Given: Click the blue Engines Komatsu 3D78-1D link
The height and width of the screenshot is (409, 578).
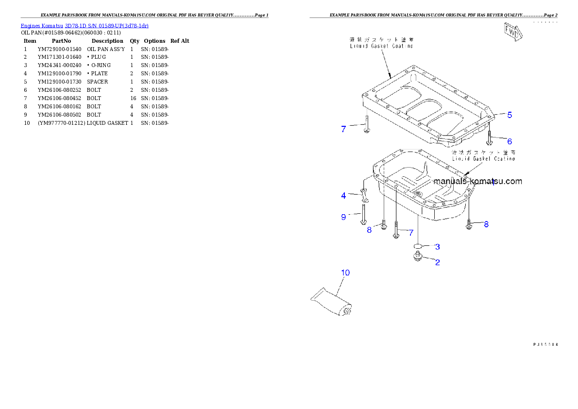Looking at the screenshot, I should point(85,25).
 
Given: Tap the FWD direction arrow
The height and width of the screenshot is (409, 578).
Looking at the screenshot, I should point(512,32).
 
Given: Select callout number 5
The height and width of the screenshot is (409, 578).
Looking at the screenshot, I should point(510,115).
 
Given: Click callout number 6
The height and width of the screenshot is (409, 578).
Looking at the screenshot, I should point(510,141).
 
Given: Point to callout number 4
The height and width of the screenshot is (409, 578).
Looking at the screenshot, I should point(343,195).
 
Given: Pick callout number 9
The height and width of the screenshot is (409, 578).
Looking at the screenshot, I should point(343,217).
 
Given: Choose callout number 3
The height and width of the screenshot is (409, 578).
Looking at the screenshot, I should point(437,247).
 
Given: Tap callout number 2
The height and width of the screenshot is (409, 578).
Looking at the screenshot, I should point(437,262).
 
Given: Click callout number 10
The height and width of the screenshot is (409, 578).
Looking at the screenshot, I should point(345,273).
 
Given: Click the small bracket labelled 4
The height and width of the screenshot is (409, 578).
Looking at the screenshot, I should point(364,196).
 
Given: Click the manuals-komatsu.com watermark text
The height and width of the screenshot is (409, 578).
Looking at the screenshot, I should point(477,182).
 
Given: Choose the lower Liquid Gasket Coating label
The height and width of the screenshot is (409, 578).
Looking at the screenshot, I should point(483,155).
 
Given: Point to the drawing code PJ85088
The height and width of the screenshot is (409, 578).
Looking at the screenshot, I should point(545,344).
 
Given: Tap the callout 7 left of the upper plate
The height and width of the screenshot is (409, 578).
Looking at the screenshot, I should point(343,129).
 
